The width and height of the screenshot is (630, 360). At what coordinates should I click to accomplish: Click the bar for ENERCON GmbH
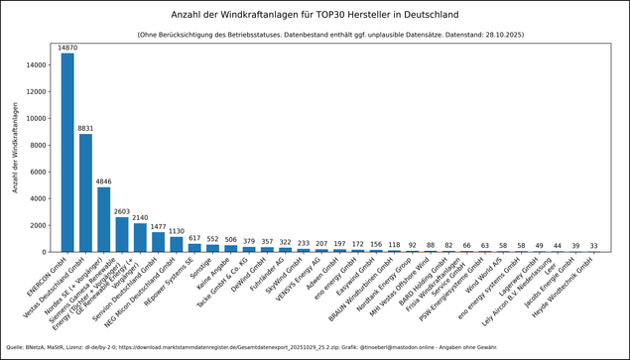click(x=67, y=153)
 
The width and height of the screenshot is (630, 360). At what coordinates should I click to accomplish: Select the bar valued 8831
click(x=85, y=192)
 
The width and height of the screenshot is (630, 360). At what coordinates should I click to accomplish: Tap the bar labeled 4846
click(x=104, y=219)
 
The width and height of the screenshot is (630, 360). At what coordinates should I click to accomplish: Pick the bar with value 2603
click(x=122, y=234)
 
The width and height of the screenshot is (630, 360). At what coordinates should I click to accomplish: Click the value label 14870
click(x=67, y=48)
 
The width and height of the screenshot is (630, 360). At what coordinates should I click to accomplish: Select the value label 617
click(x=195, y=238)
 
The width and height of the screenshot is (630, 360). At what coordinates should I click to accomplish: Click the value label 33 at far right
click(x=593, y=246)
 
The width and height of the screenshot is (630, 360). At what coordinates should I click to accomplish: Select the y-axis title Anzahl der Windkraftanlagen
click(x=15, y=153)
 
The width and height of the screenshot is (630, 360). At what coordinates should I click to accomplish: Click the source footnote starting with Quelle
click(x=248, y=347)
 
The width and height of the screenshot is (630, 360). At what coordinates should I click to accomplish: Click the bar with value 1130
click(x=177, y=244)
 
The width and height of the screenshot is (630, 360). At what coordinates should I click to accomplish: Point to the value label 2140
click(x=140, y=218)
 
